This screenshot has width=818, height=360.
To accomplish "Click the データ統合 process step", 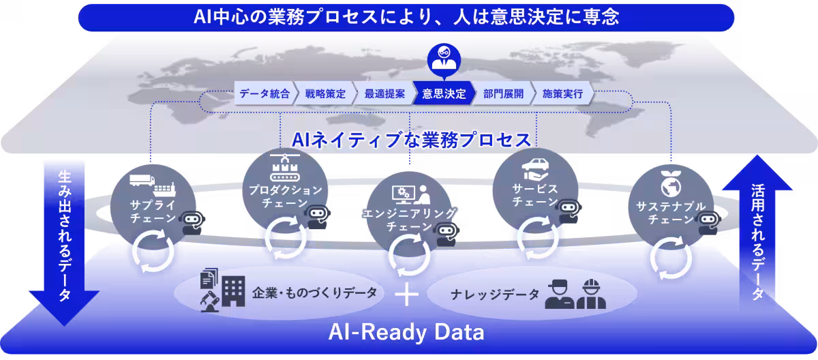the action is (264, 93).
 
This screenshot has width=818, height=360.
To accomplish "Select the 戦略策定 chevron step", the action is (325, 93).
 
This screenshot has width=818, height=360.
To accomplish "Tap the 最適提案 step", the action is (384, 93).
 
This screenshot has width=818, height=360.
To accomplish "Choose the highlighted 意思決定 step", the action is (444, 93).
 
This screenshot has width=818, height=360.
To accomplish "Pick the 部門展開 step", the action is (503, 93).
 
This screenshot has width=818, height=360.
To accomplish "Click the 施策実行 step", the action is (562, 93).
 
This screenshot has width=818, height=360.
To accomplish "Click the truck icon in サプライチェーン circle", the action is (142, 180).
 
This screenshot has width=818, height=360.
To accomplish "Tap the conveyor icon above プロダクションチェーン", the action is (285, 167).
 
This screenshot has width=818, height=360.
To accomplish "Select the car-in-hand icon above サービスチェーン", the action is (535, 168).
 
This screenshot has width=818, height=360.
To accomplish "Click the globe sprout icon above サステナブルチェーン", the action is (671, 183).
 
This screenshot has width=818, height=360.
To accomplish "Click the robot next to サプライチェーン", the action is (193, 222).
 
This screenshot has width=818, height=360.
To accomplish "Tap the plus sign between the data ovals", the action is (406, 294).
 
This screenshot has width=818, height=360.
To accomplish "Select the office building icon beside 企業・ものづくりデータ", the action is (233, 291).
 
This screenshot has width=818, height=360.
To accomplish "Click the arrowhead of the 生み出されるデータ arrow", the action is (64, 307).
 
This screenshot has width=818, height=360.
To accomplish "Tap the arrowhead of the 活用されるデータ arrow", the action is (757, 172).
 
